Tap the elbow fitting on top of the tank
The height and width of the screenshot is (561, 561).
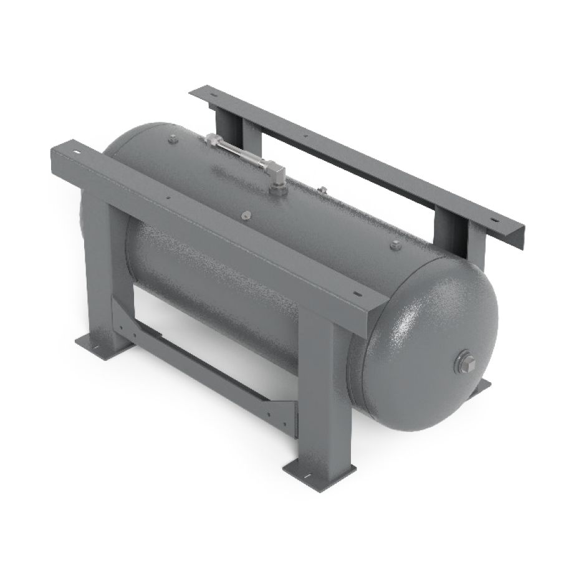pyautogui.click(x=277, y=177)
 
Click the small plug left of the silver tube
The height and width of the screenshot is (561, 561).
pyautogui.click(x=173, y=140)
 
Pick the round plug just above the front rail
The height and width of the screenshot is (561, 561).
pyautogui.click(x=245, y=215)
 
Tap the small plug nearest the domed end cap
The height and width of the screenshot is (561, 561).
pyautogui.click(x=395, y=245)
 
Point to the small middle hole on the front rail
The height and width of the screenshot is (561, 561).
pyautogui.click(x=167, y=199)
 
